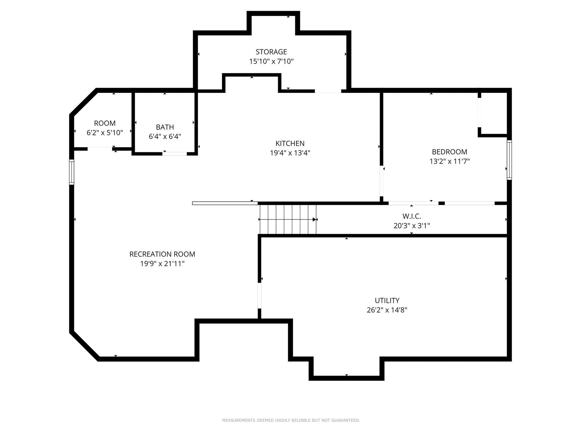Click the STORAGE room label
(x=271, y=52)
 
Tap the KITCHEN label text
(x=290, y=143)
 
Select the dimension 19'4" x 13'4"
(x=290, y=153)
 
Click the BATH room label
(x=165, y=127)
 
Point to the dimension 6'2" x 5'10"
(x=105, y=133)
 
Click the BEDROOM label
(x=449, y=152)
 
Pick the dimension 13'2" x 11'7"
(x=449, y=162)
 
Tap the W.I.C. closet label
(x=412, y=216)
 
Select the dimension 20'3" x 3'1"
(x=412, y=226)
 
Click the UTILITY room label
(x=387, y=300)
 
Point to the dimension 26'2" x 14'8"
(x=387, y=310)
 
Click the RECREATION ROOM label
(x=162, y=254)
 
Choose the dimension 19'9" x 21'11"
(x=162, y=264)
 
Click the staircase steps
(x=288, y=219)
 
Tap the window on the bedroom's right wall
(x=509, y=160)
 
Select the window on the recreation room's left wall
(x=71, y=172)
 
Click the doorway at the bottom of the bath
(x=174, y=154)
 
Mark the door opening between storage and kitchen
(x=328, y=91)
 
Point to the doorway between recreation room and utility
(x=259, y=295)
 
